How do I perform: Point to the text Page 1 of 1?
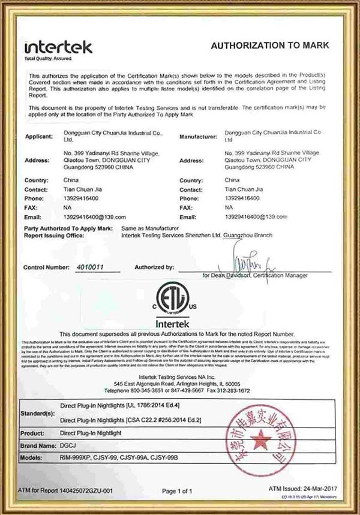coord(179,491)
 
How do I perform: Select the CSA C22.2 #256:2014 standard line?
coord(138,420)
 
